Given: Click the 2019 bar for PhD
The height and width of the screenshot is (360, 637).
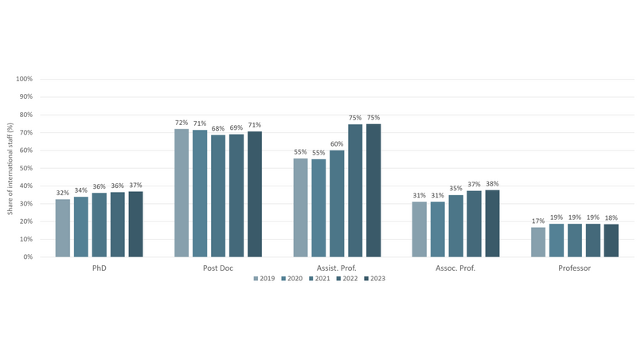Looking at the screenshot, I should click(62, 228).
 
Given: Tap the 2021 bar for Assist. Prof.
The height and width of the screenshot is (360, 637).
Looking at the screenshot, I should click(337, 203).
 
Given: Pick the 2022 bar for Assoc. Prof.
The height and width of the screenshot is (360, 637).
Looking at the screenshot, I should click(474, 224).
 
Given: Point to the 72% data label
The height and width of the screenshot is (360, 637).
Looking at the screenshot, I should click(181, 123).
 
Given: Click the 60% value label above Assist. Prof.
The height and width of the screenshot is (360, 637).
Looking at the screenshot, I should click(337, 144).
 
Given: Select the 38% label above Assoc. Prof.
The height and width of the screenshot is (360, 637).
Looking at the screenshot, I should click(492, 183).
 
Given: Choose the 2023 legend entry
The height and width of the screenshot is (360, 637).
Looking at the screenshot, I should click(373, 278).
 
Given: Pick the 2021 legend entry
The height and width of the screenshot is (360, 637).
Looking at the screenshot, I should click(319, 278).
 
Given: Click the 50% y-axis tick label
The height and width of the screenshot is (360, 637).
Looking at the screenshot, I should click(25, 168).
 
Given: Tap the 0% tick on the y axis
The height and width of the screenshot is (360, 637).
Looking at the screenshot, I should click(28, 257).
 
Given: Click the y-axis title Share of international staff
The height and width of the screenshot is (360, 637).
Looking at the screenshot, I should click(10, 168).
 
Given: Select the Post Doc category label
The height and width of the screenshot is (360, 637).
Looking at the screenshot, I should click(217, 268).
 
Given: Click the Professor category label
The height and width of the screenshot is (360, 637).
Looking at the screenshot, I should click(575, 268).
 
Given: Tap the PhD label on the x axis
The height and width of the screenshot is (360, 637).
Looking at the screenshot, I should click(99, 268).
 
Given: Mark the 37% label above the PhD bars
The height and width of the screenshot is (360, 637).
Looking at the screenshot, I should click(135, 185).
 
